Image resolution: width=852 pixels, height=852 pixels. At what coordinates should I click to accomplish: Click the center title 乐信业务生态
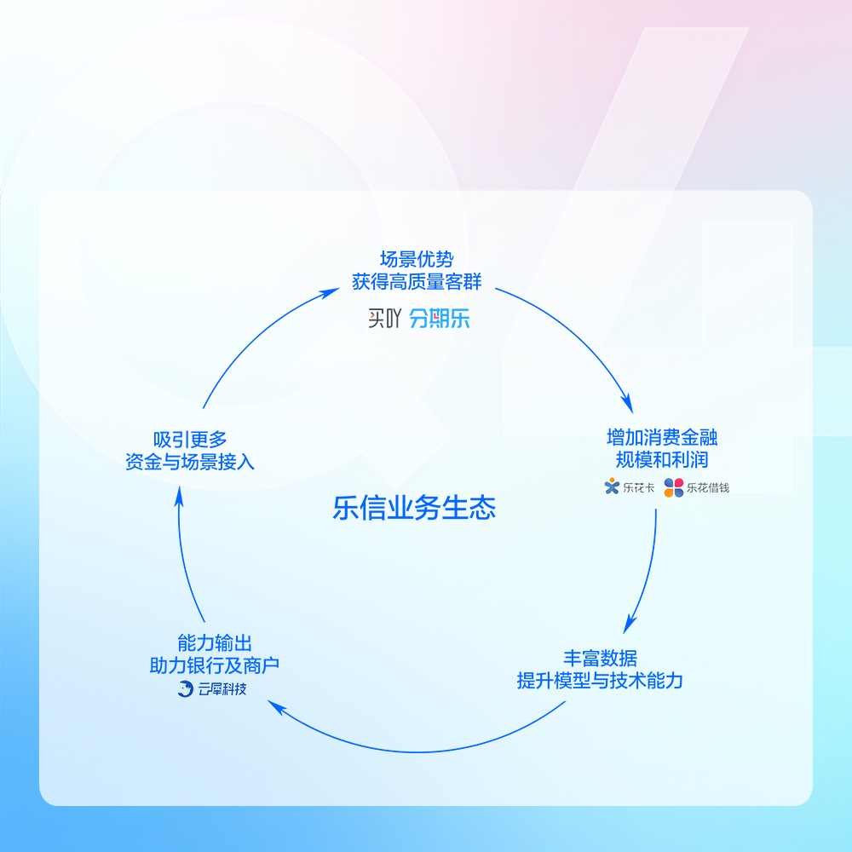click(414, 509)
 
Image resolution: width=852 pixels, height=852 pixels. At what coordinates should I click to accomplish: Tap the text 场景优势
click(417, 260)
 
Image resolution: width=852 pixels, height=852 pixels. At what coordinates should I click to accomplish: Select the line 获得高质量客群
click(417, 281)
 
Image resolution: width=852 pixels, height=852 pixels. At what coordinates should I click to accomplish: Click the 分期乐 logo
click(439, 319)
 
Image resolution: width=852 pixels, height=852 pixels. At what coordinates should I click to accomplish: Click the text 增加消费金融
click(662, 438)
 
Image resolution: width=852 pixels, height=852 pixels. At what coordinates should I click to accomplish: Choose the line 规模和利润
click(662, 460)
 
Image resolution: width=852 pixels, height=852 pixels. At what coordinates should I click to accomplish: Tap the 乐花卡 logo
click(624, 488)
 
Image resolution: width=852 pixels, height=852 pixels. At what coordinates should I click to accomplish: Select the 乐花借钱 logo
click(697, 488)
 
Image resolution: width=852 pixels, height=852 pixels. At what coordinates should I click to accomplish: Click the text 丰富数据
click(600, 659)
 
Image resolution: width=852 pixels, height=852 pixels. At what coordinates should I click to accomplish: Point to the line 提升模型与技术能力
click(600, 681)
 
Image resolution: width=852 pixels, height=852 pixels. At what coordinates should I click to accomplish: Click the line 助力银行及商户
click(215, 665)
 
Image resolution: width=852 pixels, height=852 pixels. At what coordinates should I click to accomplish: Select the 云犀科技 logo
click(211, 689)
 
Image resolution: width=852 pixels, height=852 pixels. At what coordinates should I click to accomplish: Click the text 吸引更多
click(190, 440)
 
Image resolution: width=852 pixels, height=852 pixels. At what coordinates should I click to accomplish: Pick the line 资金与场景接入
click(190, 462)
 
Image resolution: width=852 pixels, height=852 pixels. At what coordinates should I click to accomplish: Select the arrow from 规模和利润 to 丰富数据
click(648, 571)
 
